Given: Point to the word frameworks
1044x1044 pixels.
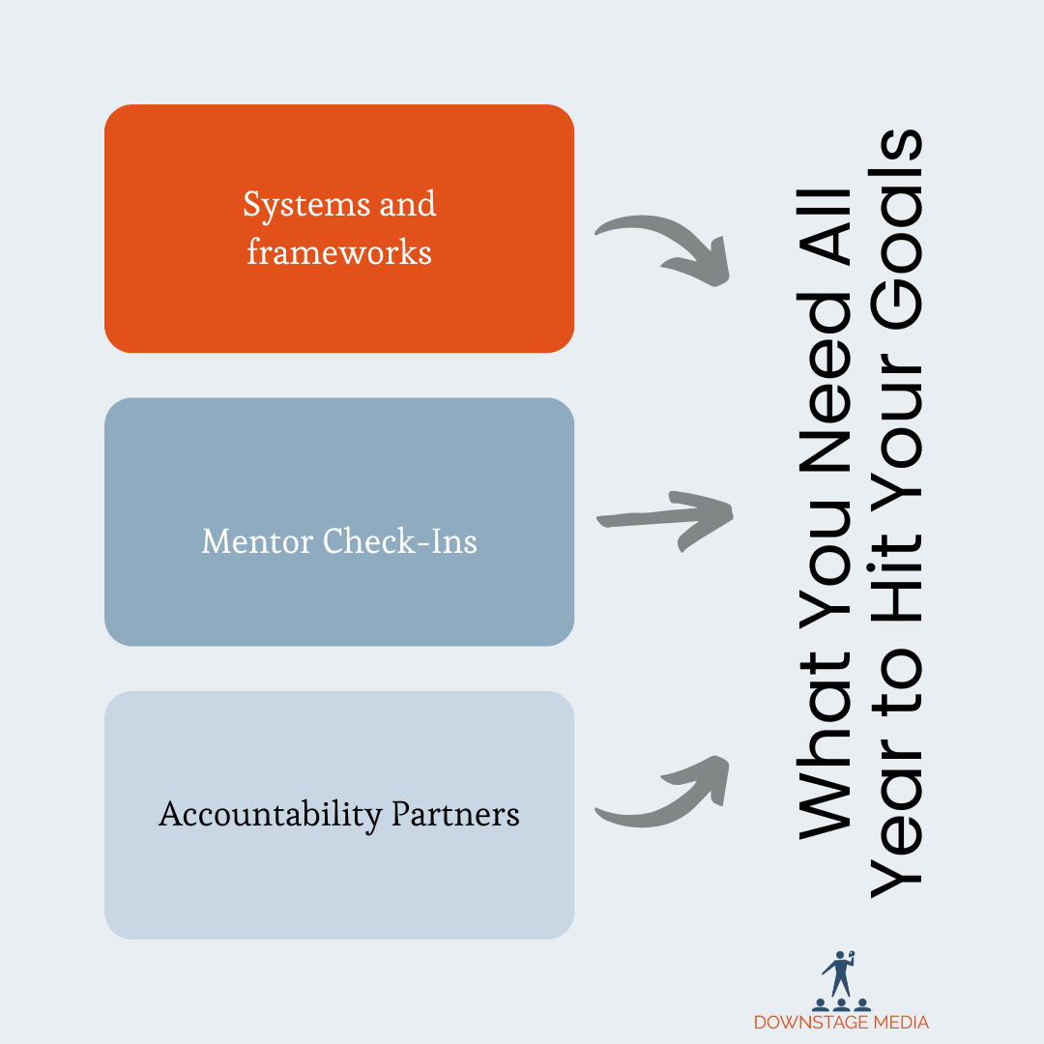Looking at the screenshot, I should tap(338, 252).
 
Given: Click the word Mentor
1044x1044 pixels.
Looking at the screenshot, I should tap(258, 540).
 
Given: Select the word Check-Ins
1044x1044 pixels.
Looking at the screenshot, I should tap(400, 540).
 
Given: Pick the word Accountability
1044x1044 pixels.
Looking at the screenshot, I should tap(270, 814).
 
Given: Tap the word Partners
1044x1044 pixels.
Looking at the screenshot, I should tap(455, 814).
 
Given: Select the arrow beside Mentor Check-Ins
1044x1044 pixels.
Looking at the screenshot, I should tap(665, 518).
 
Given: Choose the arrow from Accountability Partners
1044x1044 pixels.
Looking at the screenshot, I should tap(663, 793).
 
